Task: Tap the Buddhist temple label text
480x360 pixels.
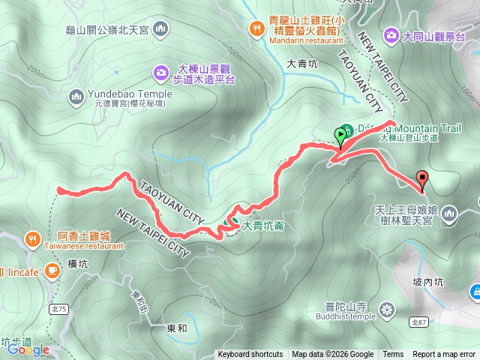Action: [x=348, y=316]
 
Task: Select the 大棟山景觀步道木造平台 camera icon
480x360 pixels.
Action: [x=161, y=72]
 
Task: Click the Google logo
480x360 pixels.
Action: [x=28, y=349]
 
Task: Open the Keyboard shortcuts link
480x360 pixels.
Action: [x=250, y=355]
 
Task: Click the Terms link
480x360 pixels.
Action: [x=393, y=355]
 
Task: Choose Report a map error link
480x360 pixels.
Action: [x=443, y=355]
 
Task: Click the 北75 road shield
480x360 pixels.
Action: [x=60, y=289]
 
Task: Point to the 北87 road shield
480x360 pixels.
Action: [x=419, y=322]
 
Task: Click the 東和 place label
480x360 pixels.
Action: [x=176, y=328]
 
